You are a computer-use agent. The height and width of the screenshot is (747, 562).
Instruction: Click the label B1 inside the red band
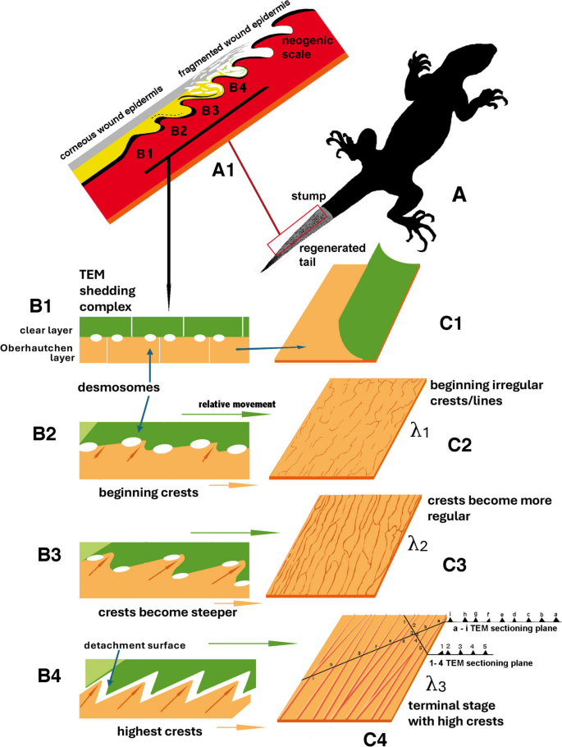tap(146, 154)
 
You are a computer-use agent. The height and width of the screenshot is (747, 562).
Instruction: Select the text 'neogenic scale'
tap(302, 48)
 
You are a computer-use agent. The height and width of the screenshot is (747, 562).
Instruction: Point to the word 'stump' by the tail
tap(307, 197)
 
